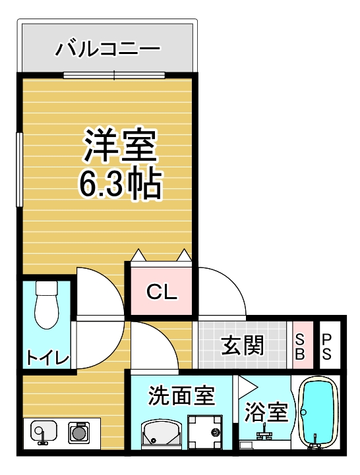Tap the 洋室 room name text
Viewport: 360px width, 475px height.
coord(119,146)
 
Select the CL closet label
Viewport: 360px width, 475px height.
coord(162,292)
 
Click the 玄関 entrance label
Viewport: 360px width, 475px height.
coord(243,345)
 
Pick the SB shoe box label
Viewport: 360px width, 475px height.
coord(300,346)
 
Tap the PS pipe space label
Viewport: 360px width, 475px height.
coord(327,346)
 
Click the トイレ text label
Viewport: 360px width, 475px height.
coord(47,358)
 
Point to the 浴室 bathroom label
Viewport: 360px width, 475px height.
coord(266,412)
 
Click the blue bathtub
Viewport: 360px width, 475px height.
coord(319,412)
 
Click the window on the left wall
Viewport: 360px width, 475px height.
coord(20,170)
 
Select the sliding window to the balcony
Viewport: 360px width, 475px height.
coord(114,75)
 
